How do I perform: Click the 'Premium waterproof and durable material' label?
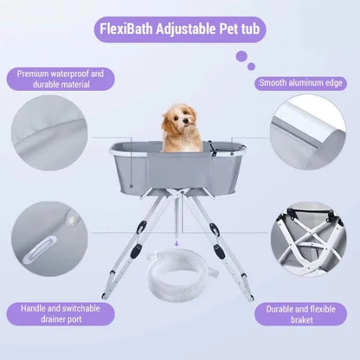click(x=60, y=80)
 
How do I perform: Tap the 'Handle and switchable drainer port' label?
click(x=60, y=312)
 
